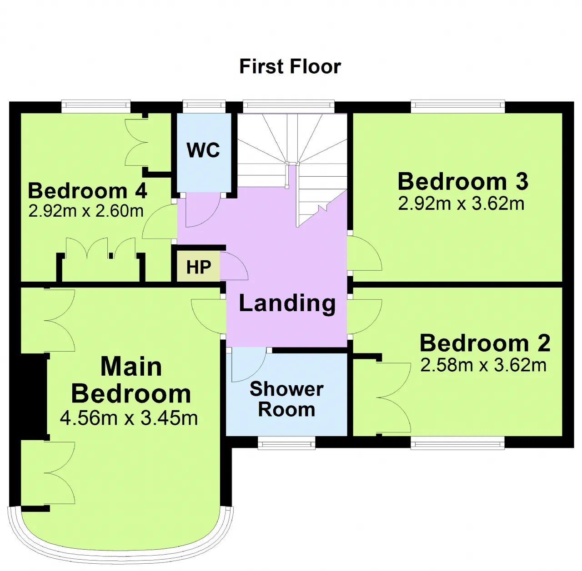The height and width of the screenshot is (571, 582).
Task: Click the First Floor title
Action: (x=290, y=66)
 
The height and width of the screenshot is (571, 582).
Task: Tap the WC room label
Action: (x=203, y=150)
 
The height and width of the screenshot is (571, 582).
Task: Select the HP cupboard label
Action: (x=198, y=267)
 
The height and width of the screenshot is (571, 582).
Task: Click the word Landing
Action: (x=287, y=303)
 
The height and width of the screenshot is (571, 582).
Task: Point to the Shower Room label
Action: (x=286, y=399)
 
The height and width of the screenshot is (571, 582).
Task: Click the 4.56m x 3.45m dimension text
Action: (x=129, y=418)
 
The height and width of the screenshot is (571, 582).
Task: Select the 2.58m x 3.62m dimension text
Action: (x=483, y=365)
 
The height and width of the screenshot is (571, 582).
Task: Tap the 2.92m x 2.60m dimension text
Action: (x=86, y=211)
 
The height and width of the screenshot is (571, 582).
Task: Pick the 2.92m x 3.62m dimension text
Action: (x=461, y=203)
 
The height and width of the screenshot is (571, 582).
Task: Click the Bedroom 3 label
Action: (x=463, y=181)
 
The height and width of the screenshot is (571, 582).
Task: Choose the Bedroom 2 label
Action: (x=485, y=343)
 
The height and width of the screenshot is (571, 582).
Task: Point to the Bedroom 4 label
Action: (x=87, y=191)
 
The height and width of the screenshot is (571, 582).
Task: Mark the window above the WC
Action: (x=204, y=105)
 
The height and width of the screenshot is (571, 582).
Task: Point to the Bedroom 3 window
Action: (x=457, y=105)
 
